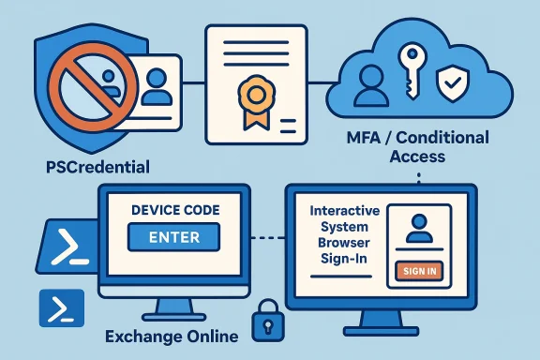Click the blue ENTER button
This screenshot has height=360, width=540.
pos(173,237)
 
